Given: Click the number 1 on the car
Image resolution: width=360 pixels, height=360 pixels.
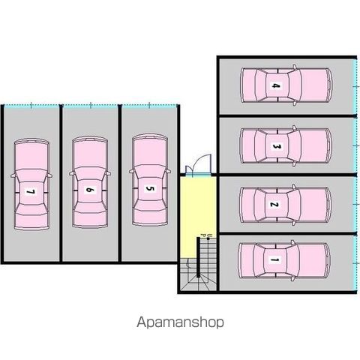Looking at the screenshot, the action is click(274, 260).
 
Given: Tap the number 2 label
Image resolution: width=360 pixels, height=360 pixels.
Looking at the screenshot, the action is click(274, 205).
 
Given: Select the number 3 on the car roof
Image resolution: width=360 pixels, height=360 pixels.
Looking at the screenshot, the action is click(276, 146).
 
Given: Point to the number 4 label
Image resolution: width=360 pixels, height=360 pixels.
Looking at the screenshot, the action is click(275, 85).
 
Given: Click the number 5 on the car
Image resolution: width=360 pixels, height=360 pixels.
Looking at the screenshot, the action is click(149, 188).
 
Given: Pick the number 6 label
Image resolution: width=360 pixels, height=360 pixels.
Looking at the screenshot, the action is click(90, 190).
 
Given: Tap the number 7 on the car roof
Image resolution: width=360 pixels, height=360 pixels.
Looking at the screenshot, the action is click(31, 192).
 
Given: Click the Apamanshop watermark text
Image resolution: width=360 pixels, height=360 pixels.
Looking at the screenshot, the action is click(180, 322).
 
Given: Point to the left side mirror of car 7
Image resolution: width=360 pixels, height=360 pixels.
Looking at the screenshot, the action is click(13, 175).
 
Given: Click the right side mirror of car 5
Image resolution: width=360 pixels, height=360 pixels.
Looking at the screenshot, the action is click(168, 171).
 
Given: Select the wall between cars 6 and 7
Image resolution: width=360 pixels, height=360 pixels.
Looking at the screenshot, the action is click(61, 184).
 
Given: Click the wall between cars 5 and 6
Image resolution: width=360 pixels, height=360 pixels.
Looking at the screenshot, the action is click(120, 184).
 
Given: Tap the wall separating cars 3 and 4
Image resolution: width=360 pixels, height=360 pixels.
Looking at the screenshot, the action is click(287, 116).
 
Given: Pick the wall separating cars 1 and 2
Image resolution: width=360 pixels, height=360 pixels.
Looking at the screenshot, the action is click(287, 233).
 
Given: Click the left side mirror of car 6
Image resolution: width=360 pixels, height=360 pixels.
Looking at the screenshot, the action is click(72, 173).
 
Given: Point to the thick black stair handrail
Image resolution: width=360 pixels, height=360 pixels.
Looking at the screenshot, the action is click(198, 257).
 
